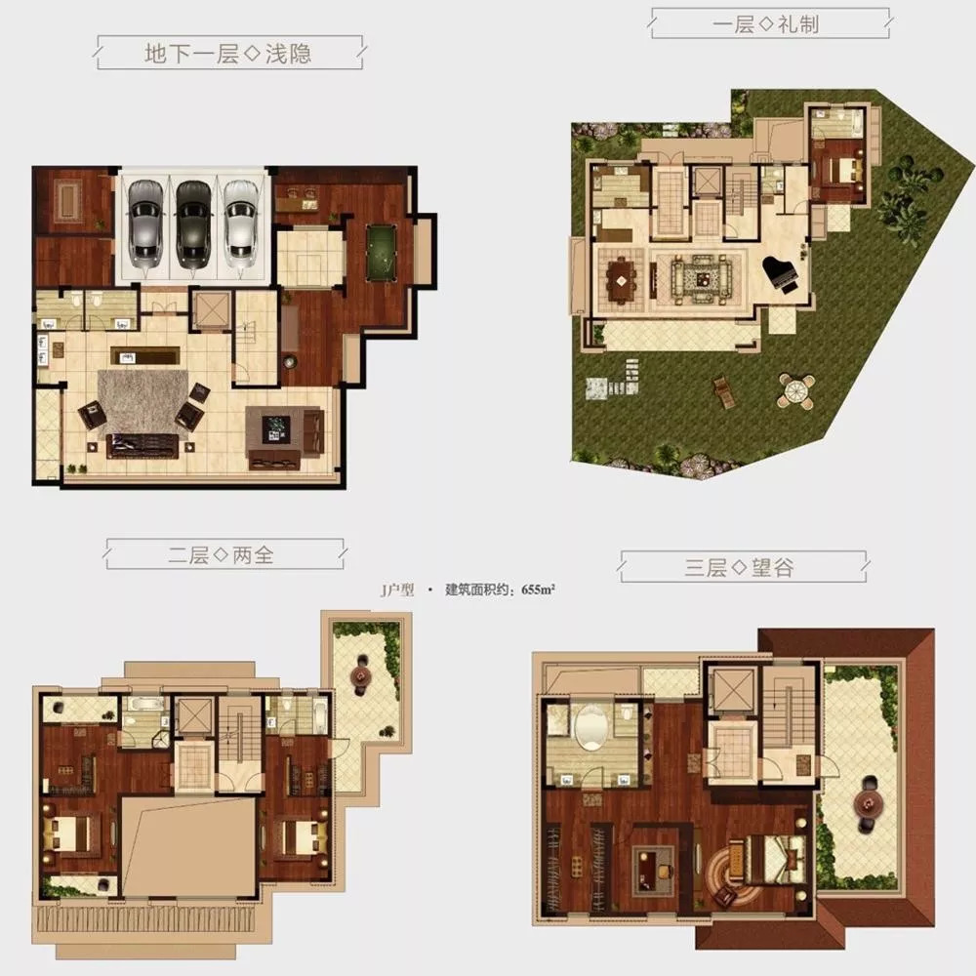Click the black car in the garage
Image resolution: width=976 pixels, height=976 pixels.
[193, 223]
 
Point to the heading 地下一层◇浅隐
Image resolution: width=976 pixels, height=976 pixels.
[227, 54]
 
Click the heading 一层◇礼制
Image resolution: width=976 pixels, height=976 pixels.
[766, 24]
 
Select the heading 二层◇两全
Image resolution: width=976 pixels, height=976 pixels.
[221, 554]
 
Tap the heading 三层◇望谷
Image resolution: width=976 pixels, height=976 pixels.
[740, 567]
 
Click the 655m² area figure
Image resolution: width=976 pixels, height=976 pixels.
[539, 590]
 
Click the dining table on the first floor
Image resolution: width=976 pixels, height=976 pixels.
[621, 280]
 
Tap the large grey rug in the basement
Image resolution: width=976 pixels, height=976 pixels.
[144, 400]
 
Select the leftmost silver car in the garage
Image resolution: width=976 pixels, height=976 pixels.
[145, 223]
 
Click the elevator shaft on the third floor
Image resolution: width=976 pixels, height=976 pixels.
[734, 690]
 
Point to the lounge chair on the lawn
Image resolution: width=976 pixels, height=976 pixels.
[725, 392]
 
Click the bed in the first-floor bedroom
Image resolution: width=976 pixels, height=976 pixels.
[843, 169]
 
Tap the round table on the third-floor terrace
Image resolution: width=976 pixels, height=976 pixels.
[866, 804]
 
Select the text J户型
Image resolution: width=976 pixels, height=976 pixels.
[396, 590]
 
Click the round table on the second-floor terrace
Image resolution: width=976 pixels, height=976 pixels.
[360, 674]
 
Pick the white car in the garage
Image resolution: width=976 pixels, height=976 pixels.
[240, 223]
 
